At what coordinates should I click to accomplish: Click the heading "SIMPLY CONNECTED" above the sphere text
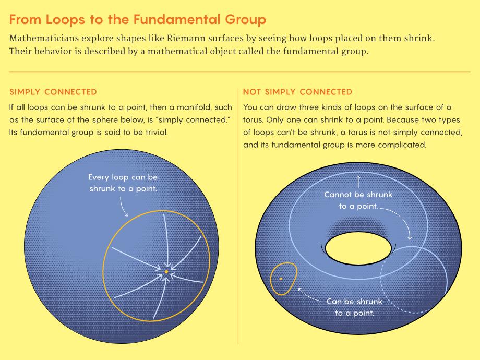[53, 92]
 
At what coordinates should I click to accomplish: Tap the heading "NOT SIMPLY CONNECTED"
[297, 92]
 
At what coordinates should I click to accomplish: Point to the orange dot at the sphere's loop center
[166, 271]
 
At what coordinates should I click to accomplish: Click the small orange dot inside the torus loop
[281, 279]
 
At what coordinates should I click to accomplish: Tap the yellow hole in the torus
[358, 248]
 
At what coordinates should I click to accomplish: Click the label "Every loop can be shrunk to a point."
[123, 183]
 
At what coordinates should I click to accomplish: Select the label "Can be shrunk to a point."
[354, 307]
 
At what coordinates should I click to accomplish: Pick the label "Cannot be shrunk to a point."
[358, 200]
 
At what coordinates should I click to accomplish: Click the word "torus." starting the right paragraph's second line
[253, 119]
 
